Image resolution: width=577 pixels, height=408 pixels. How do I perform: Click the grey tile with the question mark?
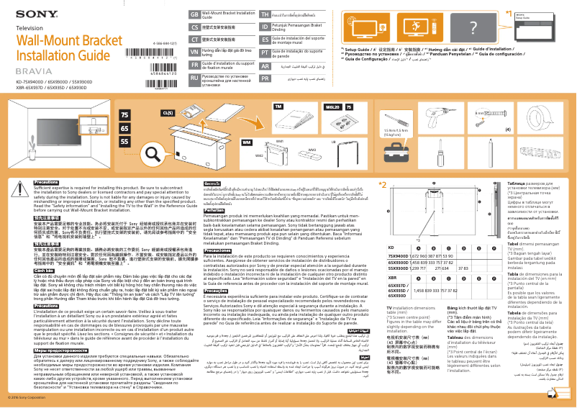472,27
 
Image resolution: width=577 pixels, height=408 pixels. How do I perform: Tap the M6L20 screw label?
332,106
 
